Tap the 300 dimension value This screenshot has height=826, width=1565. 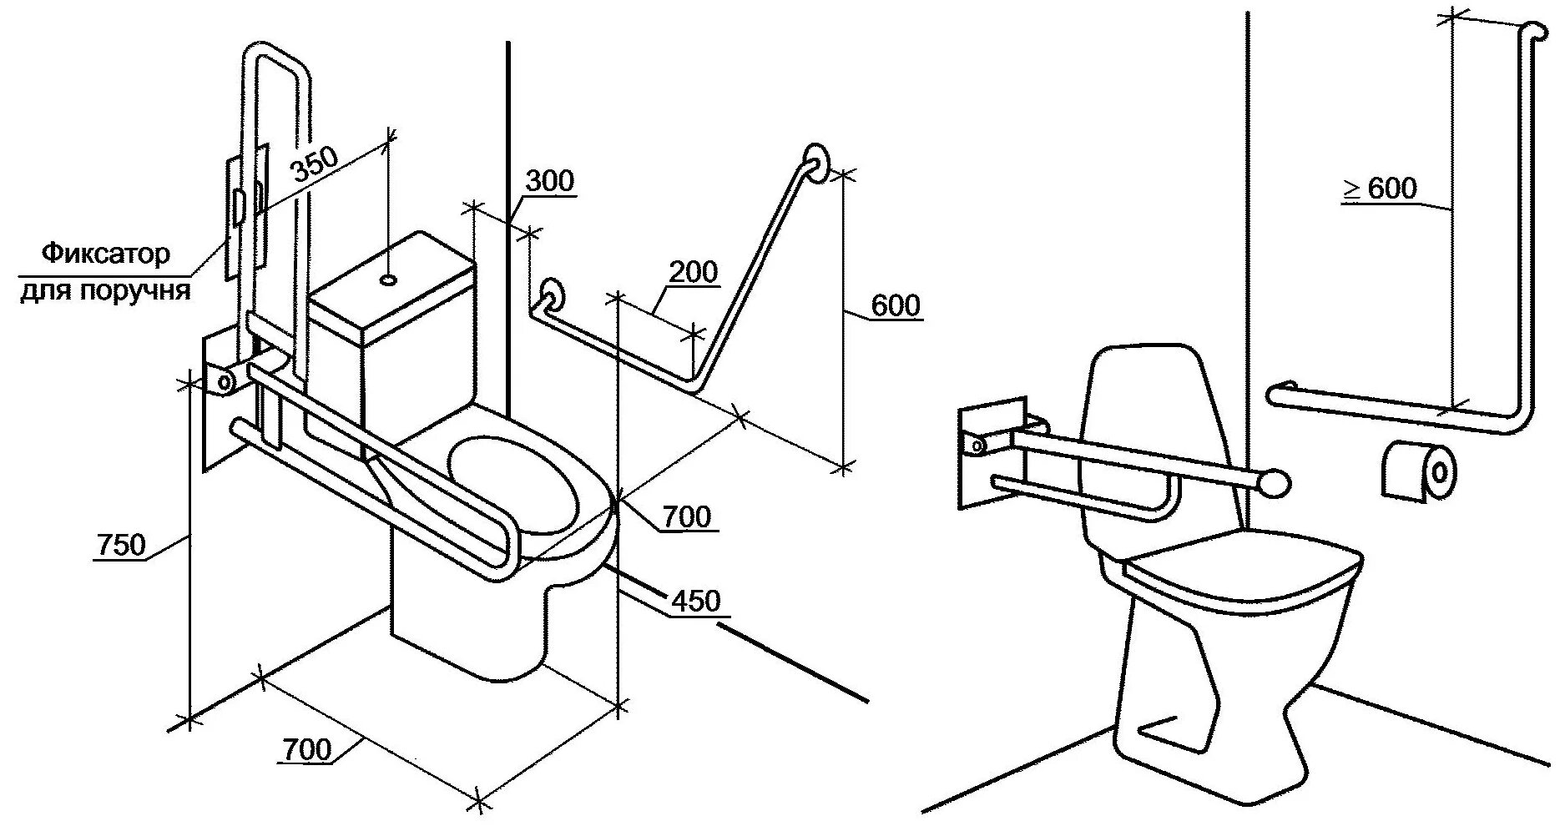[550, 181]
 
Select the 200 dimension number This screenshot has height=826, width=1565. [693, 272]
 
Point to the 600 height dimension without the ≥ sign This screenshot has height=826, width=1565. [896, 305]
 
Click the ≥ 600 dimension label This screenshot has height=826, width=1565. [1379, 189]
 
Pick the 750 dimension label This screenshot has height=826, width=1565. [122, 545]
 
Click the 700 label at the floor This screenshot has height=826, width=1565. [306, 749]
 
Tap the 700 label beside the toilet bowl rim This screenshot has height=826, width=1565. [687, 517]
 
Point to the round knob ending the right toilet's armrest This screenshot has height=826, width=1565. [1276, 483]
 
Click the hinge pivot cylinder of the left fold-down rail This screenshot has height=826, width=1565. [224, 380]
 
